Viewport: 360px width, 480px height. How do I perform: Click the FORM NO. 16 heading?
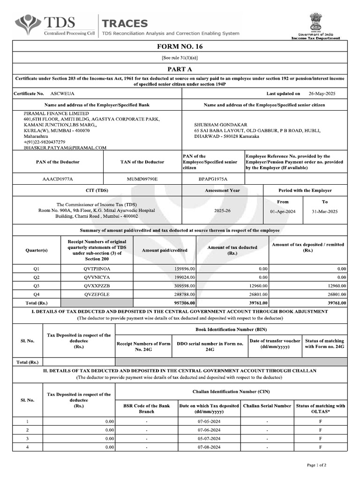(x=180, y=46)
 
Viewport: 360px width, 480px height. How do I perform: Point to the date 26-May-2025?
(x=322, y=94)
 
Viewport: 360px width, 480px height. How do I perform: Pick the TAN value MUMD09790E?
(x=142, y=179)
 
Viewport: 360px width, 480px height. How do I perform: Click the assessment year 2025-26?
(x=222, y=211)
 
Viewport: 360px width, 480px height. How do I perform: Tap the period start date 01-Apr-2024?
(x=283, y=211)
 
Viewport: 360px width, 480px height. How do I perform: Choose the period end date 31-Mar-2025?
(x=324, y=211)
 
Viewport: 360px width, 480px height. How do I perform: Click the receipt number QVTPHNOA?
(x=97, y=269)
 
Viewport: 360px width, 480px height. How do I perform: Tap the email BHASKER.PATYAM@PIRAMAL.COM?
(x=65, y=148)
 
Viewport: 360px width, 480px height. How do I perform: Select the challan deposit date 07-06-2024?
(x=209, y=430)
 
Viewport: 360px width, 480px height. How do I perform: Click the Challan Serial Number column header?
(x=267, y=406)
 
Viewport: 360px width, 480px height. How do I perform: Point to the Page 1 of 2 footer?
(x=316, y=465)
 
